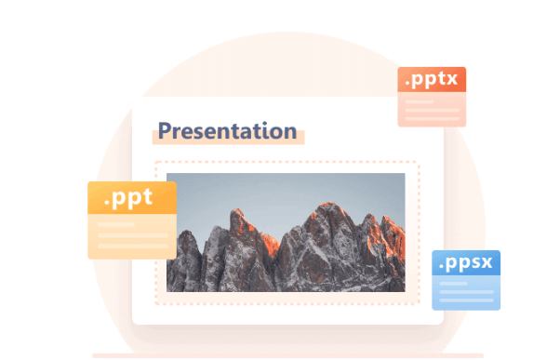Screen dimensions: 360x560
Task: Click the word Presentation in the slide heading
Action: (226, 131)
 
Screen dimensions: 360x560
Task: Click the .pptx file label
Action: (431, 80)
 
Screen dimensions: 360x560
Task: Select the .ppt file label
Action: (131, 198)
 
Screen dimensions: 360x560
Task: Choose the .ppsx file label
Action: (466, 262)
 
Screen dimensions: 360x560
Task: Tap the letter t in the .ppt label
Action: (147, 197)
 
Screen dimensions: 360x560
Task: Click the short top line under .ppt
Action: (115, 224)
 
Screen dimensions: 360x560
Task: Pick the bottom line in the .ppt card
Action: (131, 247)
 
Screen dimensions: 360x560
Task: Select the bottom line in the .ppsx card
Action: (466, 300)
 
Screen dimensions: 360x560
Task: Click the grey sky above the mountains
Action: (279, 191)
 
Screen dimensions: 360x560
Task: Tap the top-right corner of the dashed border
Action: (419, 164)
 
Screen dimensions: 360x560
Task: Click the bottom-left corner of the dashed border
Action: (155, 303)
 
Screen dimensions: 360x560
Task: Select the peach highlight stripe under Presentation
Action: (229, 140)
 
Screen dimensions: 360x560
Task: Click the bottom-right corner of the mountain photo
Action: (404, 290)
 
